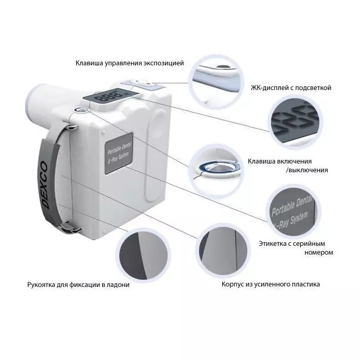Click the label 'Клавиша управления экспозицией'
pos(129,63)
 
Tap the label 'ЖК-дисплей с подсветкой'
pos(291,88)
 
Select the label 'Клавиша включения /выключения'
pos(287,165)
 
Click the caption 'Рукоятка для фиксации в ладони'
pos(78,284)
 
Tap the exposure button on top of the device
pos(139,82)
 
